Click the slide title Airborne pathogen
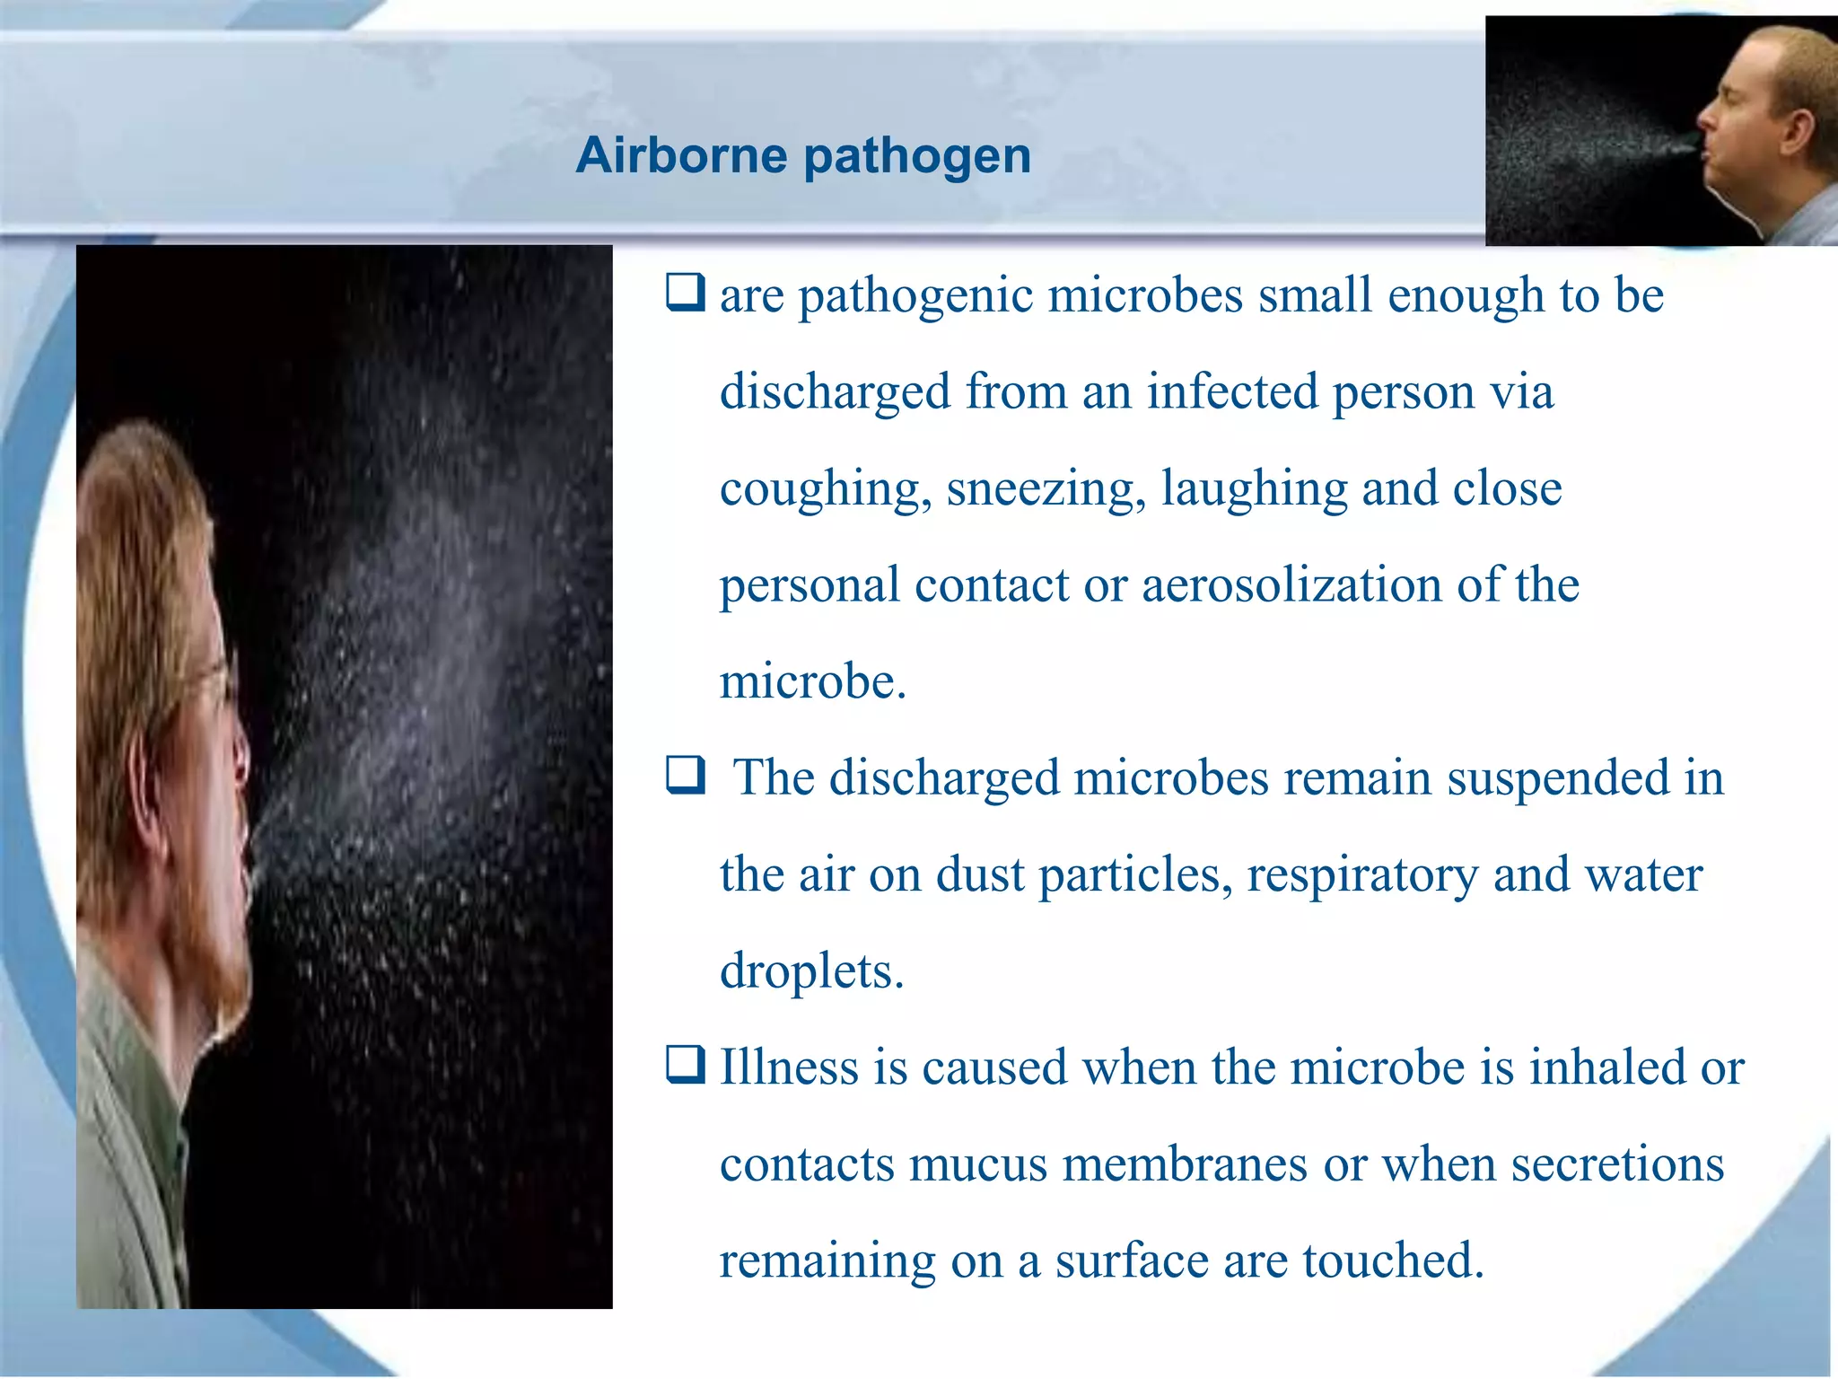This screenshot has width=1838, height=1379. coord(803,155)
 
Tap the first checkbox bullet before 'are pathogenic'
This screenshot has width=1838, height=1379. coord(685,293)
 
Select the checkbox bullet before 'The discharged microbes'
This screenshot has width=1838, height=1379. coord(685,776)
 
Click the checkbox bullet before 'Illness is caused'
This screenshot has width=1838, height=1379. coord(685,1066)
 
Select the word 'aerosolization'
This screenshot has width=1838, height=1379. coord(1291,585)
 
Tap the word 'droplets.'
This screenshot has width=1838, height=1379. coord(811,971)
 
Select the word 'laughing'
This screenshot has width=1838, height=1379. coord(1254,489)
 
